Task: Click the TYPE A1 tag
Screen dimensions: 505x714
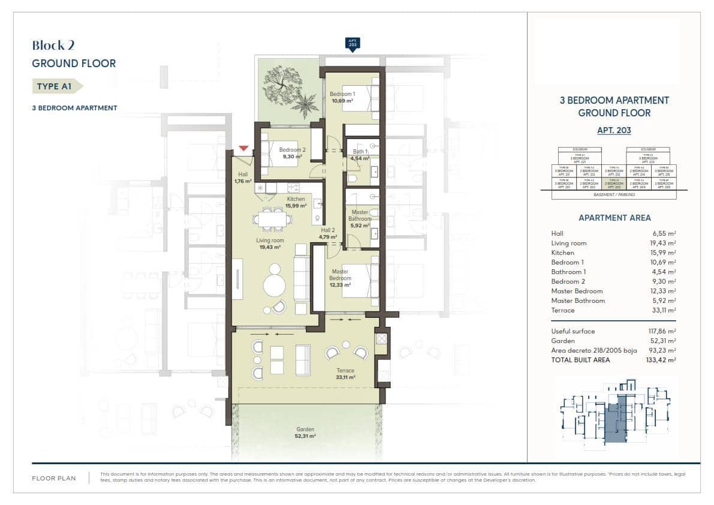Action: pos(55,86)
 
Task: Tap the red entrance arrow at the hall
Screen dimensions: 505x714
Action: pos(243,148)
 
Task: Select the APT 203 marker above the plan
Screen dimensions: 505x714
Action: pos(353,44)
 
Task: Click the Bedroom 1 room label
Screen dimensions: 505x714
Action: pos(342,94)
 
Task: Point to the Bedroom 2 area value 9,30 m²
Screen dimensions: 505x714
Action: pos(292,157)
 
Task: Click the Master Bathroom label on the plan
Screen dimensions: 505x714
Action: pos(360,216)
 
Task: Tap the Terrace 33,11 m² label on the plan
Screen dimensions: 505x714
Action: pos(345,374)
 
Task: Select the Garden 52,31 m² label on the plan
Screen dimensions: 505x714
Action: pos(305,433)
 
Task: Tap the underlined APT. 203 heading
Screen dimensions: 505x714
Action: pos(614,130)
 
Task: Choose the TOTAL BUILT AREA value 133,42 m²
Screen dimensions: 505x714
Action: pos(664,360)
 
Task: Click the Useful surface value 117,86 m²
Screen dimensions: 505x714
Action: pos(664,331)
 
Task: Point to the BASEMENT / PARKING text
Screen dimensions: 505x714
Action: pos(614,195)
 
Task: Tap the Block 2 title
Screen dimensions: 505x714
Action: pos(53,45)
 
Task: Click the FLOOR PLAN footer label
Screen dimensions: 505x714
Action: pos(54,479)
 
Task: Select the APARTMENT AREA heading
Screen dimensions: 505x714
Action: pos(614,218)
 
